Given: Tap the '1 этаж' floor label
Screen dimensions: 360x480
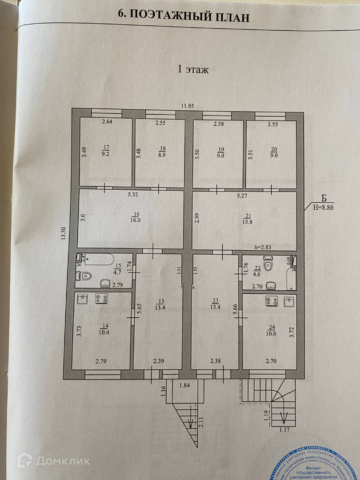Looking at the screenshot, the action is click(193, 69).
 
